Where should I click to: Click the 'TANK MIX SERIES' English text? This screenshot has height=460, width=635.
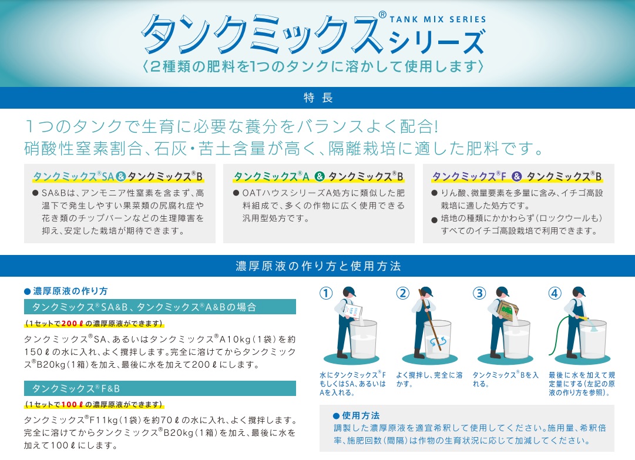click(438, 19)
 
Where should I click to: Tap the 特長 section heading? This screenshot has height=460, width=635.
click(318, 98)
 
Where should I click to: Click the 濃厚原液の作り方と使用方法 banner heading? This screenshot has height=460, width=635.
click(318, 266)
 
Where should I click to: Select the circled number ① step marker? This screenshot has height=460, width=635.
click(326, 293)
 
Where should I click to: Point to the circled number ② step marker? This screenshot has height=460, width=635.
click(402, 293)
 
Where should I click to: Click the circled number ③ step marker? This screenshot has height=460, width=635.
click(479, 293)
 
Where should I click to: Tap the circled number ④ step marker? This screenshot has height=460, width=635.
click(555, 293)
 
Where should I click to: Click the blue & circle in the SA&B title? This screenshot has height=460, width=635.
click(120, 177)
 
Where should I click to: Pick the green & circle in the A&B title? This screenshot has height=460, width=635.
click(320, 177)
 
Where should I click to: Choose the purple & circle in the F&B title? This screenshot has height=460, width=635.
click(517, 177)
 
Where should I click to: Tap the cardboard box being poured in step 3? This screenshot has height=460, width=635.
click(508, 310)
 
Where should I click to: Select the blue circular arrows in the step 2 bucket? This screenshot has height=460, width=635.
click(438, 341)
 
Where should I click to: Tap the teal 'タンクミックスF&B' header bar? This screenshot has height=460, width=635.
click(160, 388)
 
